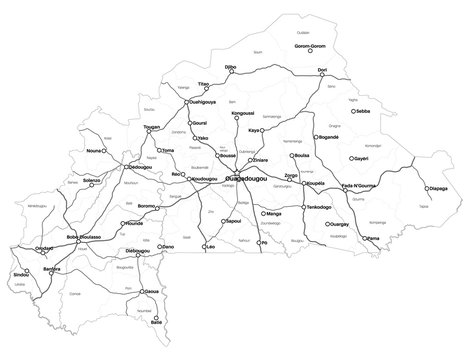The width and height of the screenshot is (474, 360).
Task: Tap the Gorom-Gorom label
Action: tap(311, 47)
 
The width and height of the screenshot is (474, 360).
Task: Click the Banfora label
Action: tap(55, 270)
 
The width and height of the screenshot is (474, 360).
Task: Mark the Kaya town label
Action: tap(254, 130)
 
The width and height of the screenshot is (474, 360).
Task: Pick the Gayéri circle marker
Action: tap(351, 157)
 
